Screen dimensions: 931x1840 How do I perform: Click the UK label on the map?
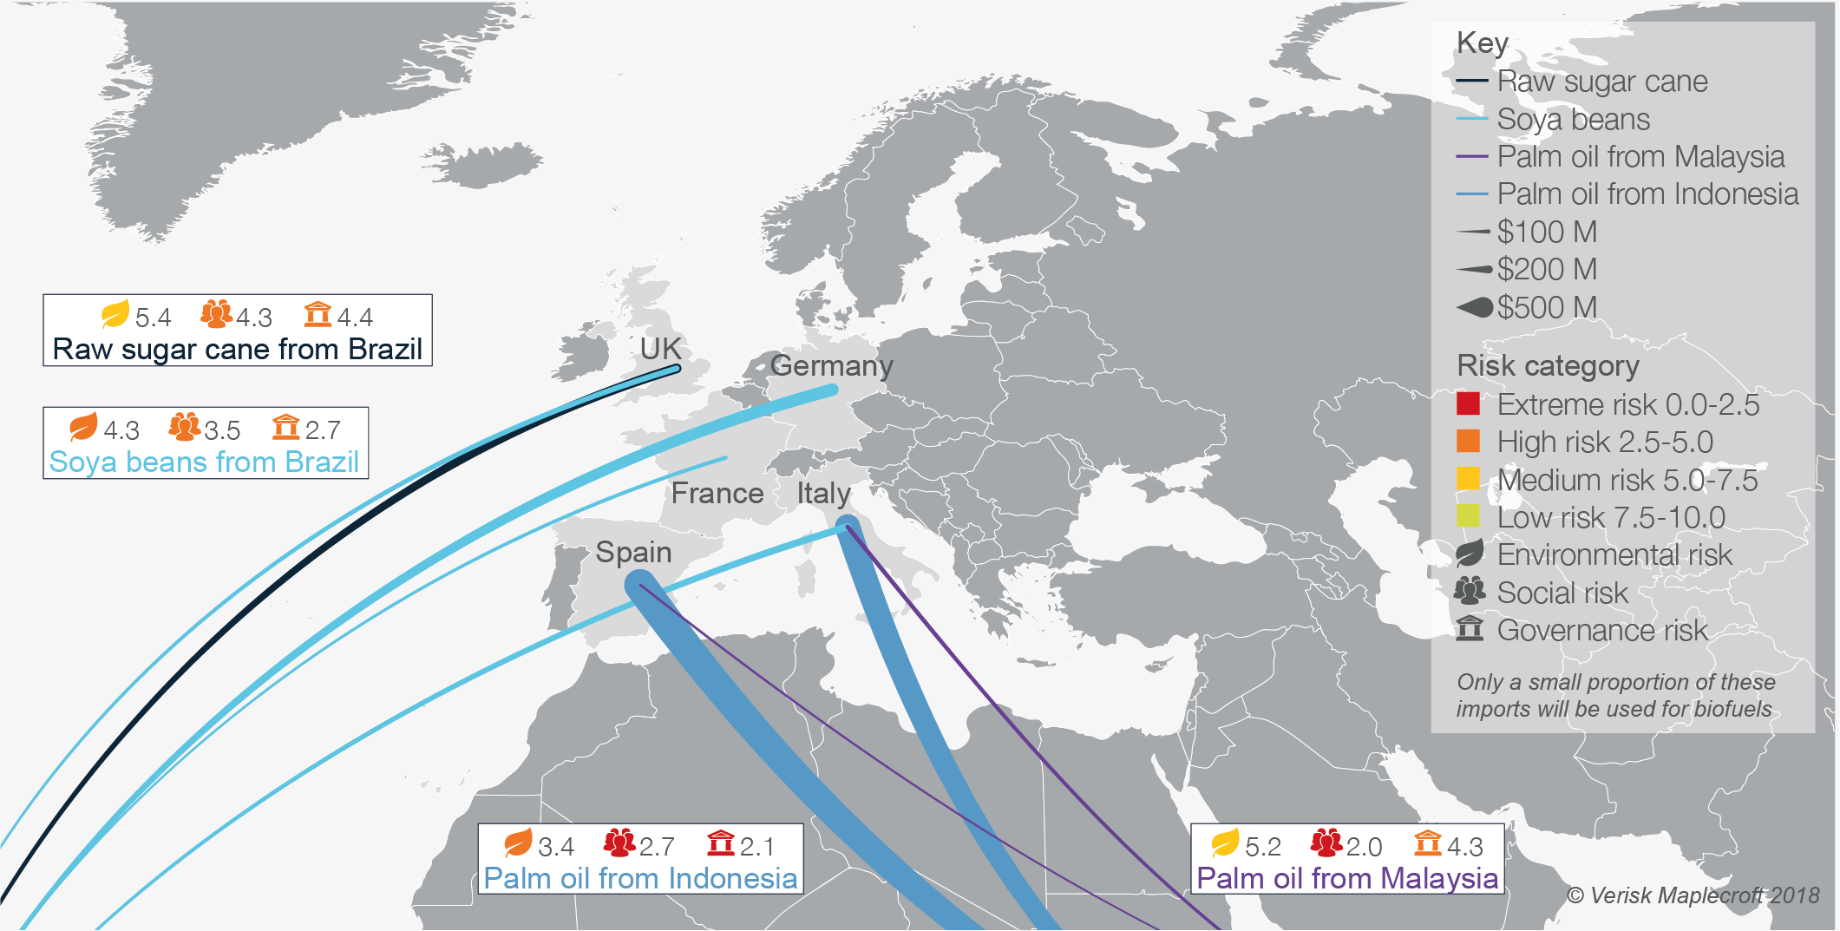point(660,349)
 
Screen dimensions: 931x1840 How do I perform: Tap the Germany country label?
point(831,365)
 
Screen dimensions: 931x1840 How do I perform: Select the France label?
point(717,493)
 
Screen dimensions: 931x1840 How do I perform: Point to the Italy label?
point(823,493)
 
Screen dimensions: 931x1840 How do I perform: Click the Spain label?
point(633,552)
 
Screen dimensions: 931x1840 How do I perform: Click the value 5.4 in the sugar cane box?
point(153,318)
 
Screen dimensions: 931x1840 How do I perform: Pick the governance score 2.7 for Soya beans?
point(323,429)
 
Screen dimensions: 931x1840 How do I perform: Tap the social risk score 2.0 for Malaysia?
point(1364,846)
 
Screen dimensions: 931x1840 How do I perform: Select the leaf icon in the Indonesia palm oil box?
point(518,842)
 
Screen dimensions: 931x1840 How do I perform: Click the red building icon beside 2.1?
point(720,842)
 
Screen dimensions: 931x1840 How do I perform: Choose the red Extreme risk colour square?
point(1468,404)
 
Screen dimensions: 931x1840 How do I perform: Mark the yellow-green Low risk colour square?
point(1468,517)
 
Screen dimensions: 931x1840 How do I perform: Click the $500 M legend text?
point(1547,307)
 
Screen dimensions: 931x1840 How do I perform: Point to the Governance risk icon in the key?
point(1470,628)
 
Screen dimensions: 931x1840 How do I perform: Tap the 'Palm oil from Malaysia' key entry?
point(1640,157)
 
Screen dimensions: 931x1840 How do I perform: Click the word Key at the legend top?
point(1483,43)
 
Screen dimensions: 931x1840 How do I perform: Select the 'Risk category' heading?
point(1548,366)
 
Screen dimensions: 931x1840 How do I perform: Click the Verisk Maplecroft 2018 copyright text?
point(1693,895)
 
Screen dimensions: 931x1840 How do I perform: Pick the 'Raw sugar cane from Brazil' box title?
point(237,349)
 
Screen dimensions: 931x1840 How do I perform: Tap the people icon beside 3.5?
point(184,427)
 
